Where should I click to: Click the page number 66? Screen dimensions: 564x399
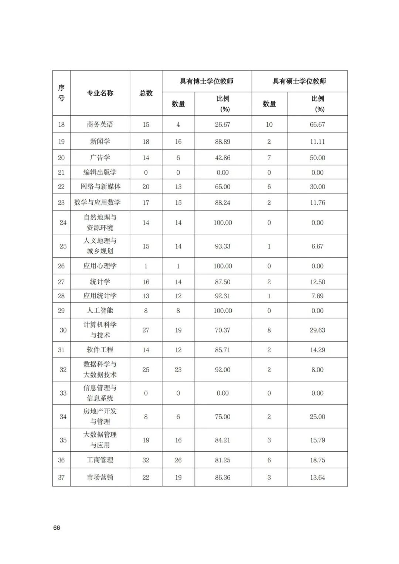[x=57, y=528]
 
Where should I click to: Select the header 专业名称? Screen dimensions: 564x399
[x=100, y=93]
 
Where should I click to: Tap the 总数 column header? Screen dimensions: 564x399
[x=146, y=93]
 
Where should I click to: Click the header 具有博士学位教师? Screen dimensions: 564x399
[x=207, y=81]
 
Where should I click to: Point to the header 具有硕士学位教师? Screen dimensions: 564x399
[x=299, y=81]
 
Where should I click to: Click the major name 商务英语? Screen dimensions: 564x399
[x=100, y=124]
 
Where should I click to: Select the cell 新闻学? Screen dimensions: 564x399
[x=100, y=141]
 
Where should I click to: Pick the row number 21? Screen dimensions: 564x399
[x=61, y=172]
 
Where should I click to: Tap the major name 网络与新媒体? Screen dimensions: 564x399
[x=100, y=187]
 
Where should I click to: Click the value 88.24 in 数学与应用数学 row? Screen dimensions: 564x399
[x=223, y=202]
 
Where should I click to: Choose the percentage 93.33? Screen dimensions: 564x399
[x=223, y=246]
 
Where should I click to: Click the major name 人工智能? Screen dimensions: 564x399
[x=100, y=311]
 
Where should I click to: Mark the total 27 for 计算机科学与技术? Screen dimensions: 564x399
[x=146, y=330]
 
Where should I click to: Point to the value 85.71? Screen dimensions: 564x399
[x=223, y=350]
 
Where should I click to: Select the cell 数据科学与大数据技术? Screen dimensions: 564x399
[x=100, y=369]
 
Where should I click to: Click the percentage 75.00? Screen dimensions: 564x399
[x=223, y=417]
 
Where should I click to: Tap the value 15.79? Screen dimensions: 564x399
[x=318, y=440]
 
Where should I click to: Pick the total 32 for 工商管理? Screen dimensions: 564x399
[x=146, y=460]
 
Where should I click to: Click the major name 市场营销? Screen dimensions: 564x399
[x=100, y=478]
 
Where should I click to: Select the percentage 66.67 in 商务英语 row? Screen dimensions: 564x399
[x=318, y=124]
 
